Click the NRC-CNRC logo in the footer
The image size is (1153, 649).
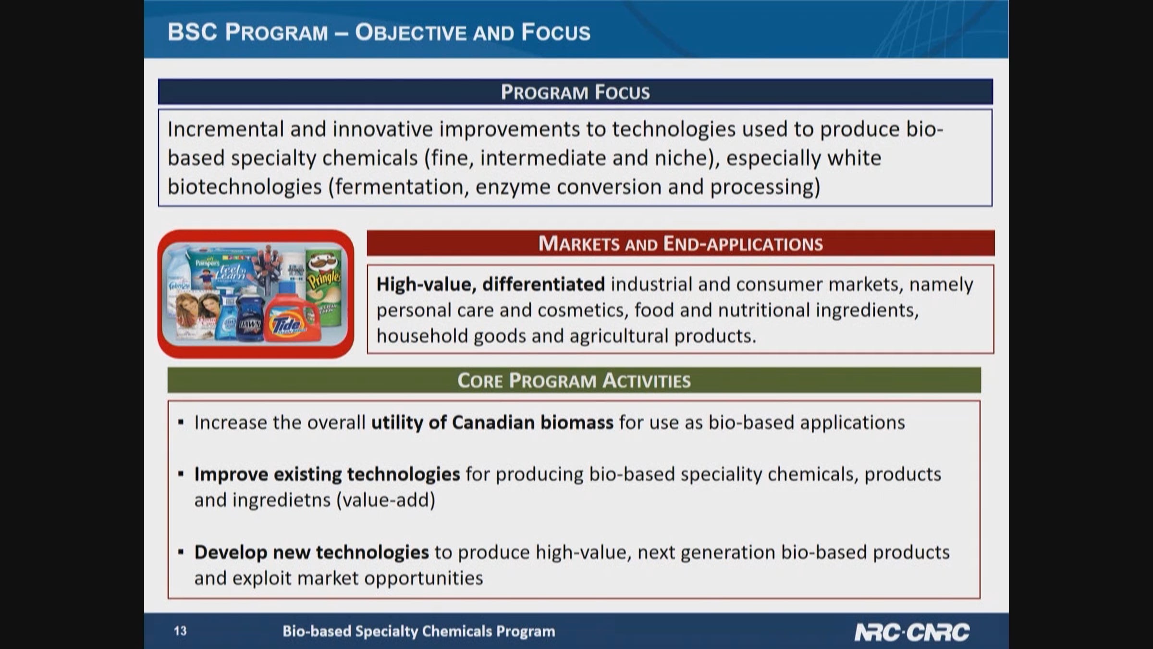[911, 632]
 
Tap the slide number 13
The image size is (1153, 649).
[180, 631]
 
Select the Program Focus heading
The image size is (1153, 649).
[575, 92]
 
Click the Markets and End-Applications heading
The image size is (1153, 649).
[680, 244]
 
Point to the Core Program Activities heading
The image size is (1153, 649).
[574, 380]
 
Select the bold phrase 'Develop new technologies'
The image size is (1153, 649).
[311, 552]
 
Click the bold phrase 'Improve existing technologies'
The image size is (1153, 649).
[327, 474]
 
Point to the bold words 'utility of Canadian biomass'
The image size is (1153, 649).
[492, 423]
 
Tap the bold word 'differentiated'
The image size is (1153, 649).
[543, 284]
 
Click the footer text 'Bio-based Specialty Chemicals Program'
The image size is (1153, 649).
[418, 631]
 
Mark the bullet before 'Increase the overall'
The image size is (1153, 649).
[181, 423]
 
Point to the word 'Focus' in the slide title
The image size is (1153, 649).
[556, 32]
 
